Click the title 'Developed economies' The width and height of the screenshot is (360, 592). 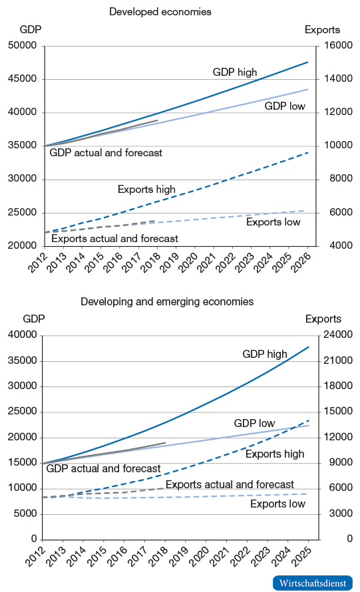click(160, 12)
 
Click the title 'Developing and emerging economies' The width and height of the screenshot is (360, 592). click(167, 301)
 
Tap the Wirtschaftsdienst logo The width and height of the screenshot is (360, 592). click(312, 583)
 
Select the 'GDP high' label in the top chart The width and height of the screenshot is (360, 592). click(234, 73)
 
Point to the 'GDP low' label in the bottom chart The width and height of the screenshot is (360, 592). click(254, 423)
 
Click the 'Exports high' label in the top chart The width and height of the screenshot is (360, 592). click(146, 190)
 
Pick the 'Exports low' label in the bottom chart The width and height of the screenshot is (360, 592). click(277, 504)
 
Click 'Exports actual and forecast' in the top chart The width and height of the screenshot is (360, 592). click(114, 238)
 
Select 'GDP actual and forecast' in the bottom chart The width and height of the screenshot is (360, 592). click(103, 468)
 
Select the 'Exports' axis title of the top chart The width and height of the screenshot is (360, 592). click(322, 29)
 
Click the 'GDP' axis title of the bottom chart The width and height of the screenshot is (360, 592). click(33, 319)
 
